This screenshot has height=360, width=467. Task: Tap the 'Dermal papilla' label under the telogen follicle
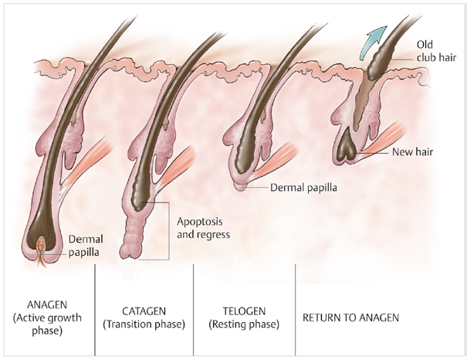(x=303, y=186)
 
